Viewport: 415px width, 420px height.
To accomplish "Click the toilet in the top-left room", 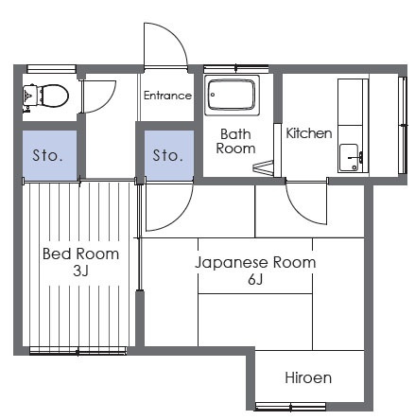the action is (45, 96).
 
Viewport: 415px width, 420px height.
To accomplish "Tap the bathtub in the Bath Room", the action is (232, 96).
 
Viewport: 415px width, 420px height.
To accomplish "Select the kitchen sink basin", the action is (350, 158).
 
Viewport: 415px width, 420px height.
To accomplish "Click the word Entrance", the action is (167, 96).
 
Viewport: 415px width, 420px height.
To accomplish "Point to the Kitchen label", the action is (309, 133).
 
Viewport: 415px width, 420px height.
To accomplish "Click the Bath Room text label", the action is (235, 141).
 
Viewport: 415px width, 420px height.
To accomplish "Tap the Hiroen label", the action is (308, 377).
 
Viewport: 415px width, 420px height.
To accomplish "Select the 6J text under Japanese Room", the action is (255, 279).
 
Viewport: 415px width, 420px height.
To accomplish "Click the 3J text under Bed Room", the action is (80, 271).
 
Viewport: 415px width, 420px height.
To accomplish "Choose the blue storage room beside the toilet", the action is (49, 155).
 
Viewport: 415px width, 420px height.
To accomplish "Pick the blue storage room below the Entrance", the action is (169, 155).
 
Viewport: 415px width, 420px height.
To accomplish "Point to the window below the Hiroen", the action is (290, 407).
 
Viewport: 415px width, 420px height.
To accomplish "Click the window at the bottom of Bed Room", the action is (78, 351).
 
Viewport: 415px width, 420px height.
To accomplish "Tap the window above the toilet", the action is (51, 69).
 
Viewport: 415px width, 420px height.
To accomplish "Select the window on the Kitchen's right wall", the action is (403, 125).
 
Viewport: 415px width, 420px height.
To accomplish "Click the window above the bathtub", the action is (236, 69).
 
